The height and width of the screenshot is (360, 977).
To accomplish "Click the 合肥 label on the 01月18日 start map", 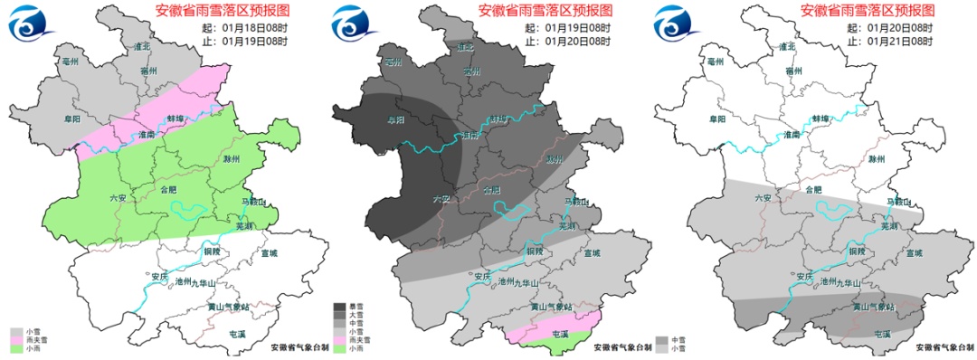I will click(169, 191).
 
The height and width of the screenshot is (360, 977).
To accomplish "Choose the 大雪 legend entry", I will click(340, 315).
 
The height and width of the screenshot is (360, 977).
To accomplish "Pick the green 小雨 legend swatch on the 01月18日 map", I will click(15, 348).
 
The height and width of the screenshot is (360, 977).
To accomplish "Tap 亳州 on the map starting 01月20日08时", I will click(716, 62).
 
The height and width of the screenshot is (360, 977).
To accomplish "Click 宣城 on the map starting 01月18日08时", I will click(269, 253).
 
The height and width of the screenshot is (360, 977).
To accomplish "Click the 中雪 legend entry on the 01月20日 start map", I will click(664, 340).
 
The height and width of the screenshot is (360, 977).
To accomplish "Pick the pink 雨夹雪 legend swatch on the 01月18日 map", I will click(15, 340).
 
